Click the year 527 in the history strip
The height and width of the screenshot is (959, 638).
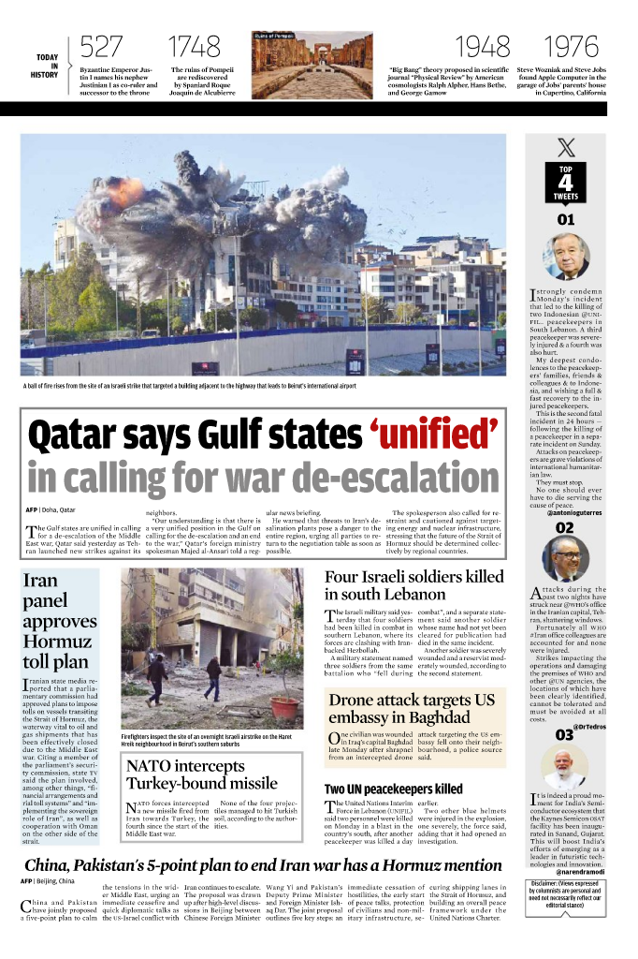coord(102,47)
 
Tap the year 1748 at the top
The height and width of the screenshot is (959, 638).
coord(194,47)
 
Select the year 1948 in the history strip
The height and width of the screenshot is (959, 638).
coord(483,47)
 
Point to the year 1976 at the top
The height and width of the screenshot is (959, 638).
coord(571,47)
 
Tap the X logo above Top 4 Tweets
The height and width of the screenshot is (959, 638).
coord(566,147)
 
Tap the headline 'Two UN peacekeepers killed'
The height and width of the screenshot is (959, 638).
coord(393,789)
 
